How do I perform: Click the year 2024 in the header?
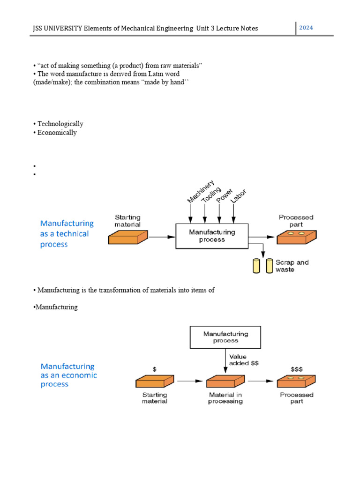[306, 28]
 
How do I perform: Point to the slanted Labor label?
[239, 199]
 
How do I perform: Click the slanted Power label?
[224, 195]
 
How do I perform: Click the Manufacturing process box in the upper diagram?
[212, 236]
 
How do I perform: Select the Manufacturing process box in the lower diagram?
[225, 337]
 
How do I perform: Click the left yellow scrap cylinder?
[256, 266]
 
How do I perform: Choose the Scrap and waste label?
[292, 266]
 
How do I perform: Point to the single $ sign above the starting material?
[154, 369]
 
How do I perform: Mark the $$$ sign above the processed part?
[297, 368]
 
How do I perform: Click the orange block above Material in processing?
[225, 381]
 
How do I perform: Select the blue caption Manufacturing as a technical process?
[67, 234]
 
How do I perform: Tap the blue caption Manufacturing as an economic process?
[68, 375]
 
